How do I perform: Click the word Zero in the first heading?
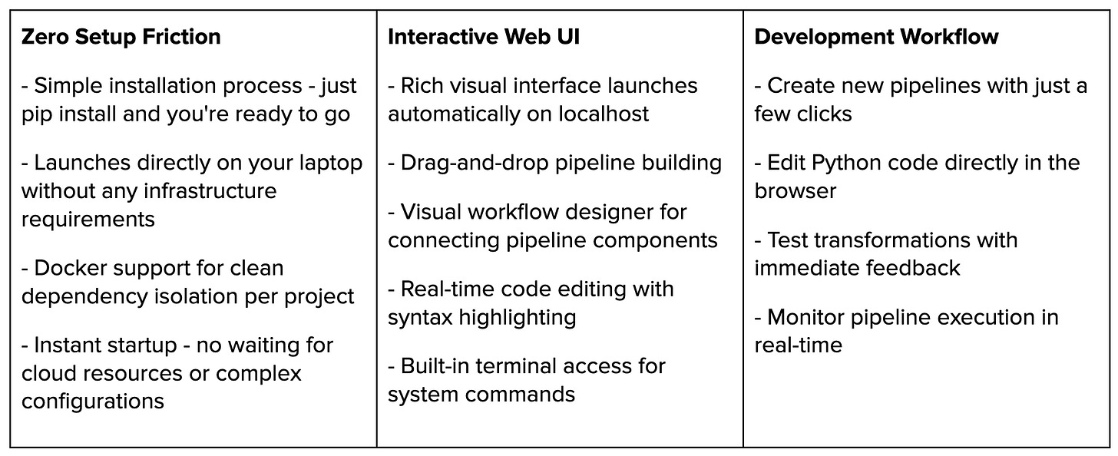45,37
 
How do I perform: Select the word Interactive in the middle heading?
443,37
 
